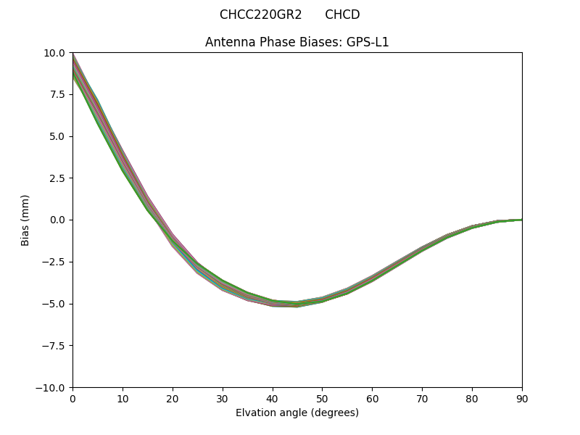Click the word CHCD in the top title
342,14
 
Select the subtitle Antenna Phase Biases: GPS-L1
297,42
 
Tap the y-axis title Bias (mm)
25,220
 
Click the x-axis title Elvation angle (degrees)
297,413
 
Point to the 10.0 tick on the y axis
55,53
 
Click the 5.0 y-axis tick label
58,136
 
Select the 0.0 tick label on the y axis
58,220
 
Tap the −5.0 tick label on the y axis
55,304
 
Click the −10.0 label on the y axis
52,387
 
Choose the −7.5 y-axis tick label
55,346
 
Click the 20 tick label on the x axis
173,398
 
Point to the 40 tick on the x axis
273,398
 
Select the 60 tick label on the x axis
372,398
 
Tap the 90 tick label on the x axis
521,398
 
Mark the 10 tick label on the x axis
123,398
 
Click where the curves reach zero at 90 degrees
521,220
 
